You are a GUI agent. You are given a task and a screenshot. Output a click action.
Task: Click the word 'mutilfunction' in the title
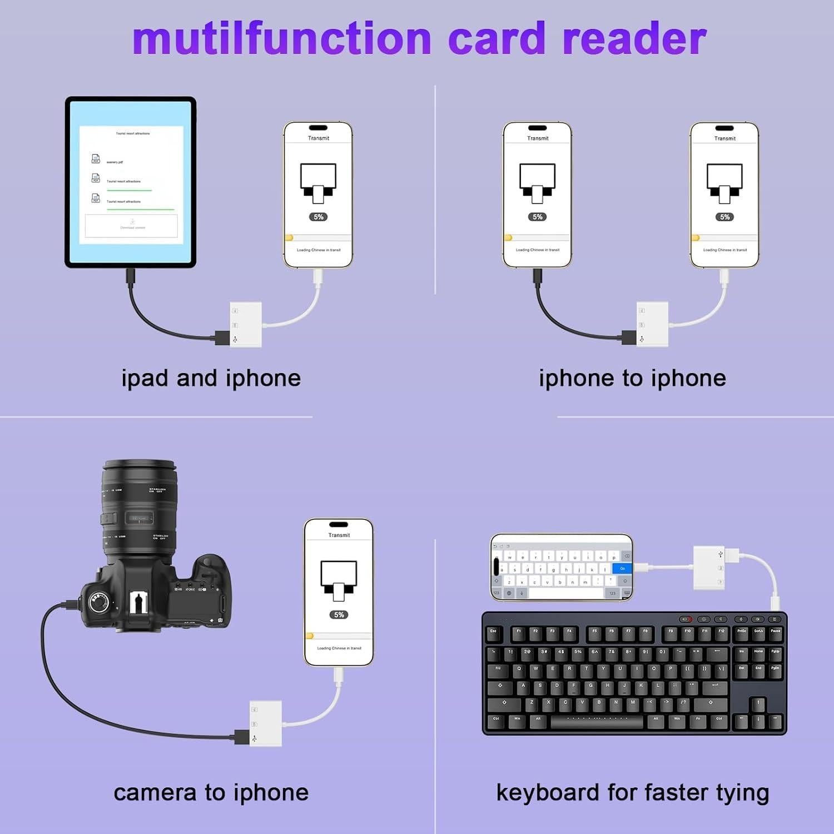click(282, 39)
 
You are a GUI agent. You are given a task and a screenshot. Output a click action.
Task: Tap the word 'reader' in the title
click(634, 39)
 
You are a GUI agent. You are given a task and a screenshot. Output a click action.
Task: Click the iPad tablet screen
click(131, 182)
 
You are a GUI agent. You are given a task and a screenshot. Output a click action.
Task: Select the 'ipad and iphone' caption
click(211, 379)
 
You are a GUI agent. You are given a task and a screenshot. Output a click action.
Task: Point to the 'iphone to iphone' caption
click(632, 379)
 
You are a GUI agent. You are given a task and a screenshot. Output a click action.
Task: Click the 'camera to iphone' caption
click(211, 793)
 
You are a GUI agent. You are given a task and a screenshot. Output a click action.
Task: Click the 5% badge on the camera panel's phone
click(339, 614)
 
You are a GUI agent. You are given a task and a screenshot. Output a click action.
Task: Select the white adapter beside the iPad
click(246, 325)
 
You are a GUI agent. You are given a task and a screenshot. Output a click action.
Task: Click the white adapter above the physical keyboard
click(709, 568)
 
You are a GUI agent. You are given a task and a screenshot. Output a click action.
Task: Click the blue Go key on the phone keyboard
click(622, 568)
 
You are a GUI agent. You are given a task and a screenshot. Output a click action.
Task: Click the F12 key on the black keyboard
click(721, 632)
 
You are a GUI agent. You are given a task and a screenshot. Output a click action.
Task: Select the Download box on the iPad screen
click(131, 226)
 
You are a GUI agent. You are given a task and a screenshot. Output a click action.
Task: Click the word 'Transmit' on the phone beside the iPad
click(319, 138)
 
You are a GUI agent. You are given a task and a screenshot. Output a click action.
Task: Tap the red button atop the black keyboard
click(686, 619)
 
